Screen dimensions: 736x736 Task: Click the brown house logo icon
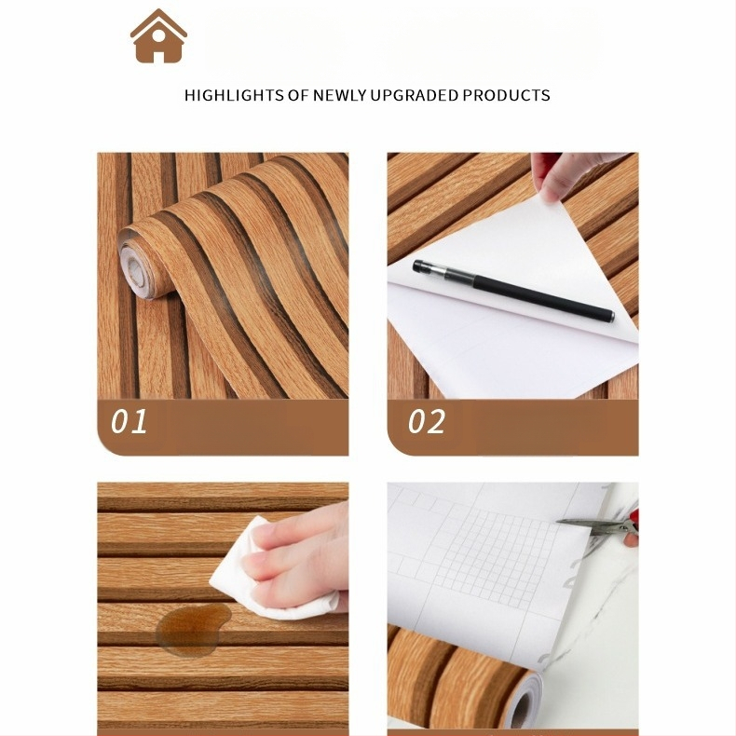coord(158,36)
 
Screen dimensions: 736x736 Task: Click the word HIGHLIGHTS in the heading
coord(234,95)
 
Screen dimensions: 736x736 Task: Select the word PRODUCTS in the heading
coord(506,95)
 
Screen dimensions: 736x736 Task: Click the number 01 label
coord(129,421)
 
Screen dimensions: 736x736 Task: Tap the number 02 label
coord(426,421)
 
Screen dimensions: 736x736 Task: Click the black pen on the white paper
coord(513,291)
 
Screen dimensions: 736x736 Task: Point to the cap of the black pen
coord(429,269)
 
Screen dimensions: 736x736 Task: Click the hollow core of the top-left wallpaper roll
coord(135,271)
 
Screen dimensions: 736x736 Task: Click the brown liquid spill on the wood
coord(194,630)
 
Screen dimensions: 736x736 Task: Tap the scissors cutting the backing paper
coord(598,526)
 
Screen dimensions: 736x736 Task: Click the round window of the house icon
coord(158,35)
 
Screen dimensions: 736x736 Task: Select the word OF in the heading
coord(298,95)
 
